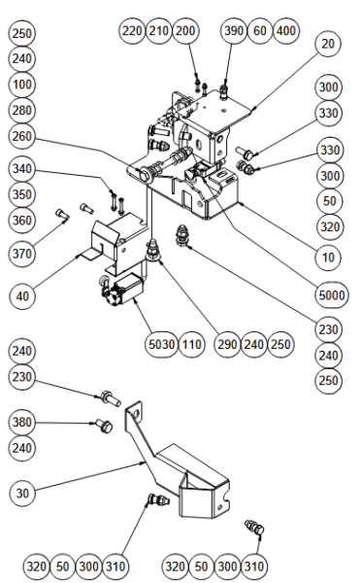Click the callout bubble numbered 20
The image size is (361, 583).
(x=328, y=44)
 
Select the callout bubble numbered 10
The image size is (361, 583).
(x=328, y=257)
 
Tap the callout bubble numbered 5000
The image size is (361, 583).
(x=332, y=294)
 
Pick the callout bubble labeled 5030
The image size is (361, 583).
(x=161, y=344)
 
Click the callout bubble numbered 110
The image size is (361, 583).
(x=191, y=344)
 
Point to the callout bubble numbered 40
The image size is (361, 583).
(x=22, y=296)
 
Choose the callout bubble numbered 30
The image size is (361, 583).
(x=22, y=493)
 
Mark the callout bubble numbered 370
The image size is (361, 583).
(x=22, y=254)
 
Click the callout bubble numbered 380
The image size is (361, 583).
(x=22, y=422)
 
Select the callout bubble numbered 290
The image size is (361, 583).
(x=227, y=344)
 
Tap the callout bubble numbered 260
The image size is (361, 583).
(x=22, y=136)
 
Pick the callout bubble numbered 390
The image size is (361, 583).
(x=234, y=30)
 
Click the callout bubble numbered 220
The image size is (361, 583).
(x=132, y=30)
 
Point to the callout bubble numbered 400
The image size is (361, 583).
(x=286, y=30)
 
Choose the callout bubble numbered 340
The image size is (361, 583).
(x=22, y=169)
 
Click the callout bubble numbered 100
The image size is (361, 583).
(x=22, y=85)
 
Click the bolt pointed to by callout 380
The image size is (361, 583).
(x=104, y=426)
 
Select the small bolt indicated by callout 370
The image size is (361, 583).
(x=62, y=215)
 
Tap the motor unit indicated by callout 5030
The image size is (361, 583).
(x=120, y=290)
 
